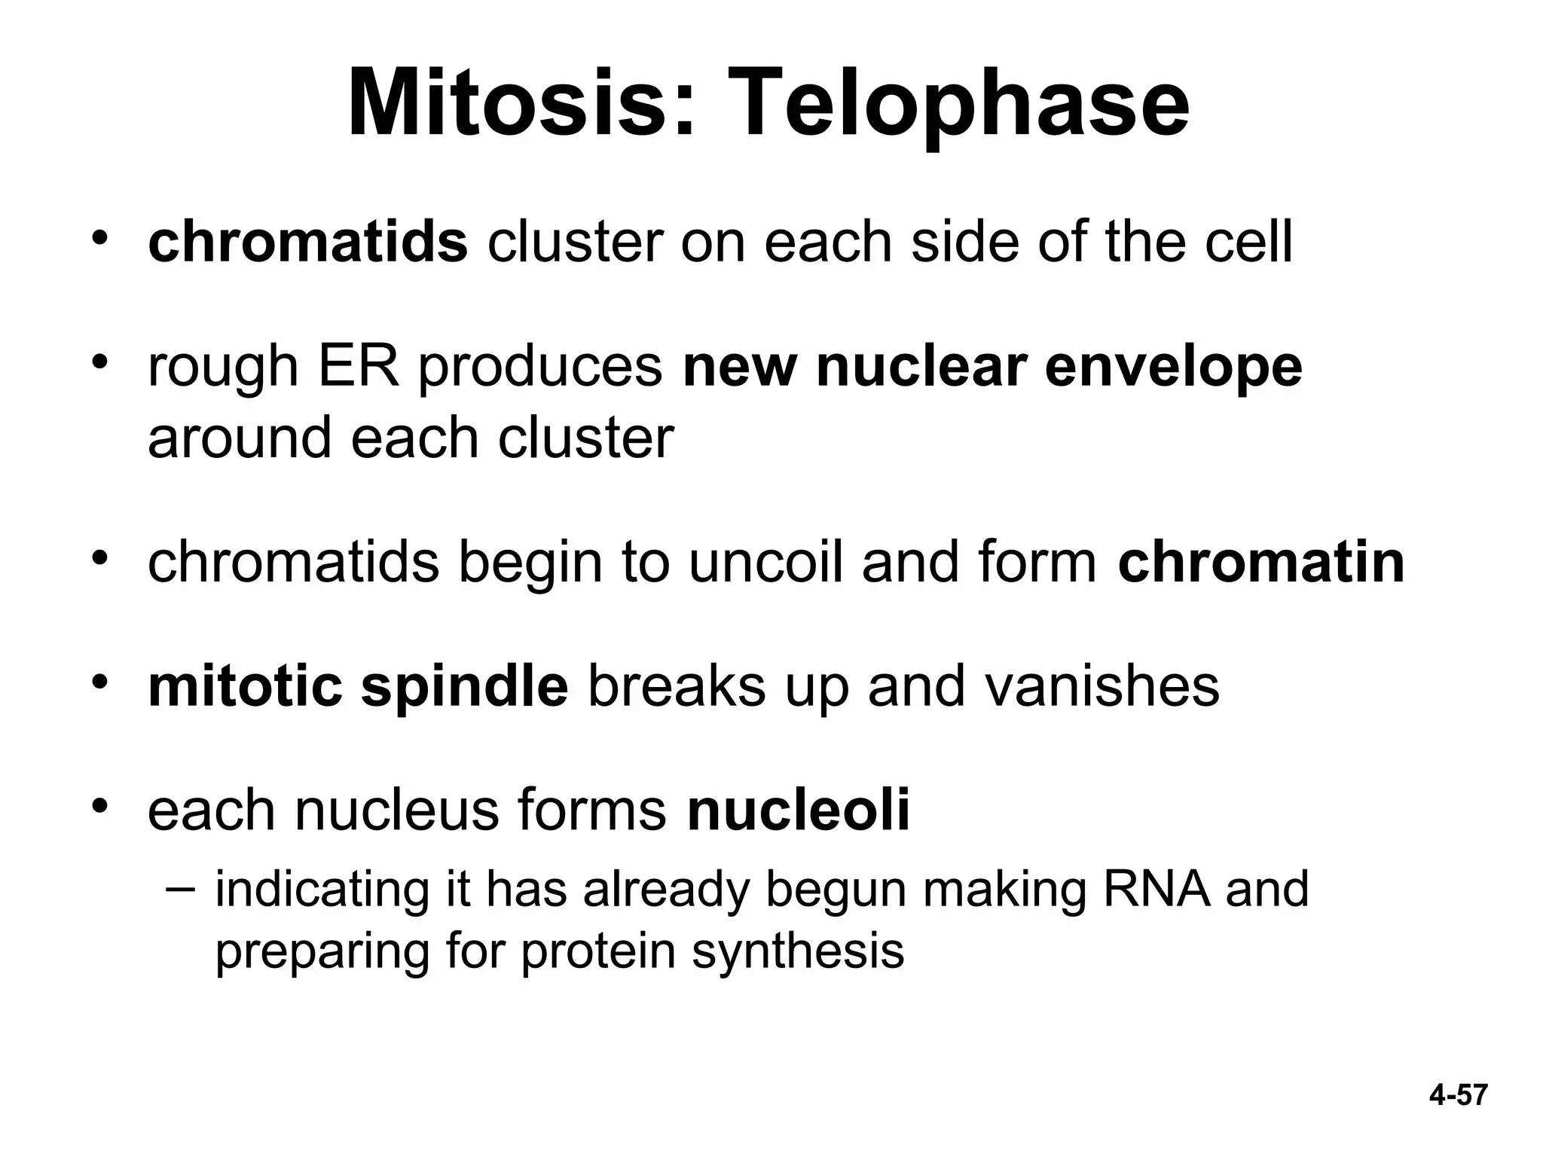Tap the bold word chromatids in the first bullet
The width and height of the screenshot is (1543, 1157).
pyautogui.click(x=307, y=242)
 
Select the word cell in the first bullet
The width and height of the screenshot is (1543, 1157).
pyautogui.click(x=1248, y=242)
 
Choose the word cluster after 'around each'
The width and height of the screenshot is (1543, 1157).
pyautogui.click(x=585, y=438)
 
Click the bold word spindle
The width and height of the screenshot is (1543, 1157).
pyautogui.click(x=464, y=687)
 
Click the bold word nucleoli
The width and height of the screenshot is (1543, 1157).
pyautogui.click(x=799, y=810)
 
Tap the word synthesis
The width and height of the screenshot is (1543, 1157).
pyautogui.click(x=798, y=952)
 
